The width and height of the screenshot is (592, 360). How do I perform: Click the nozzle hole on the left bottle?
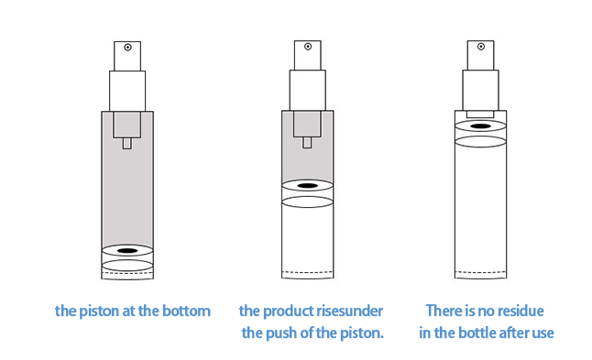tap(127, 47)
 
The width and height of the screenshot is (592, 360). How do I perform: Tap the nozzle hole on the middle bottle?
tap(308, 47)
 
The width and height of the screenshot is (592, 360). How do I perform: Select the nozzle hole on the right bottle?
tap(480, 47)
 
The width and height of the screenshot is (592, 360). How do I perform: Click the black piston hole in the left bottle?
tap(127, 251)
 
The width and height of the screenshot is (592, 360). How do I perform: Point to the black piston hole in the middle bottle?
tap(308, 186)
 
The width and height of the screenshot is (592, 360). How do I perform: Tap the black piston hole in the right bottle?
tap(480, 126)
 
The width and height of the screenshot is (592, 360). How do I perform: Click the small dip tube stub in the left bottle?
tap(127, 144)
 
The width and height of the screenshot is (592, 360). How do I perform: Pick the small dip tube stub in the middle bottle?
tap(307, 143)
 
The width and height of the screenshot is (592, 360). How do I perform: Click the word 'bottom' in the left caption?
tap(186, 311)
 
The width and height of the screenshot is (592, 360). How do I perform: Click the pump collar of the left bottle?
tap(127, 91)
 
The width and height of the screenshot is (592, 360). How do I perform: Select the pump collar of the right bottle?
tap(480, 90)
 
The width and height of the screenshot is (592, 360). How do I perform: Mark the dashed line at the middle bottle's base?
tap(308, 272)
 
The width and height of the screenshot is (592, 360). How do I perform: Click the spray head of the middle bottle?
tap(308, 56)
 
